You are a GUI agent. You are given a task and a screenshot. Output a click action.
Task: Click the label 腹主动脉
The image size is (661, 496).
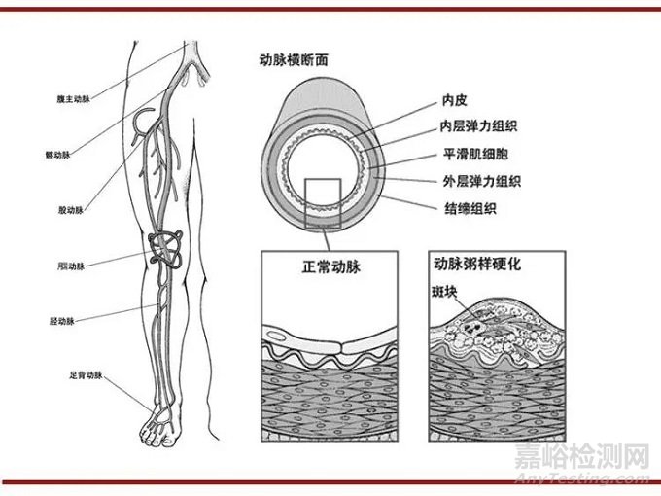pyautogui.click(x=73, y=99)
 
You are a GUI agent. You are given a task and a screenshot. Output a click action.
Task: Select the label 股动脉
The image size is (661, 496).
pyautogui.click(x=71, y=209)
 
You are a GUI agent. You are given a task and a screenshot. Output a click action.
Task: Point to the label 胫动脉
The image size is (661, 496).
pyautogui.click(x=62, y=319)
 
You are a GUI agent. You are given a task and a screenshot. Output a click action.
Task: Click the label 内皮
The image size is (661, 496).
pyautogui.click(x=455, y=99)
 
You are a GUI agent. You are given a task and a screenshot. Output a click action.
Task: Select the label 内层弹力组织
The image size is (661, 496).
pyautogui.click(x=482, y=126)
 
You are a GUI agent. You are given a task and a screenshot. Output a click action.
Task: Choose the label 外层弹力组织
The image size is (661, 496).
pyautogui.click(x=482, y=181)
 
